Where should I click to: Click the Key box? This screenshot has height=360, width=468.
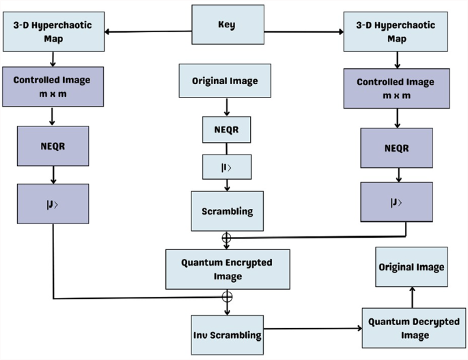tap(227, 26)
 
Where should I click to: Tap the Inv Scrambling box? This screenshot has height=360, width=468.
tap(227, 335)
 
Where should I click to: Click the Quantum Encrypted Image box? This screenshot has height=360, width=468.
tap(227, 269)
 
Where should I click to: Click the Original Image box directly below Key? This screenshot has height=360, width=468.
tap(225, 81)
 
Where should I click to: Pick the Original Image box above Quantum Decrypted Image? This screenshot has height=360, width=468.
tap(411, 267)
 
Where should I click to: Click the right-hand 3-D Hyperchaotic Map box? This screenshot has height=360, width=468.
tap(396, 32)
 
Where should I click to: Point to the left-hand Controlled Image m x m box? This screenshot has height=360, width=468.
tap(53, 86)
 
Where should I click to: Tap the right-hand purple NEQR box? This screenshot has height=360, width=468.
tap(396, 148)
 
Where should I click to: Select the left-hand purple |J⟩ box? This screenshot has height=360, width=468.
tap(53, 203)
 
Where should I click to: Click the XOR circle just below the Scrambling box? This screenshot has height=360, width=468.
tap(226, 238)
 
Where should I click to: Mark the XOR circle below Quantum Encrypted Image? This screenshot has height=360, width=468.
tap(227, 297)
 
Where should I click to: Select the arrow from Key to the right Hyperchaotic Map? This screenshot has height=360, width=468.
tap(303, 31)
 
